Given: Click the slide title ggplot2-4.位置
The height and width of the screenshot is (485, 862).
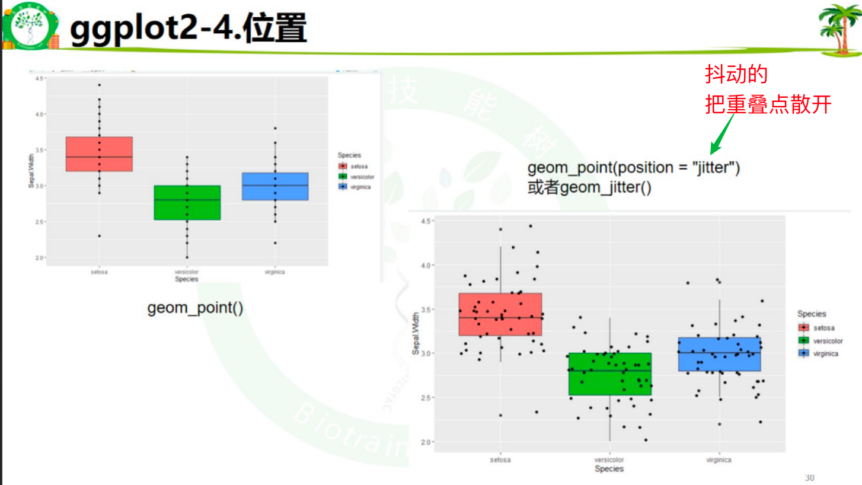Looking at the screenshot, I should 188,29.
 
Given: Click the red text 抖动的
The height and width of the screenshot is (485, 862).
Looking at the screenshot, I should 736,75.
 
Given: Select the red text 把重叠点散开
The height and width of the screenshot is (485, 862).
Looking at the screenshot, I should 768,105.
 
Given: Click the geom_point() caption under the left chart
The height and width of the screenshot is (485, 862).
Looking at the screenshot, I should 195,308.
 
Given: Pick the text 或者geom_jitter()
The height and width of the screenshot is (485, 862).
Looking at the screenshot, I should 589,189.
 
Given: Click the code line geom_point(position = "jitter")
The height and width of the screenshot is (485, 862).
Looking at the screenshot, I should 634,168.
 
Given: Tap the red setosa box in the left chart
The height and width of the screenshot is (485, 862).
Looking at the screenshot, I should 99,154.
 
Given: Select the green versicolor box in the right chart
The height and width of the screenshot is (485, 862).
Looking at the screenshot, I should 609,374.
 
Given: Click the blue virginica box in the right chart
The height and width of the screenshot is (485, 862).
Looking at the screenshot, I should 719,355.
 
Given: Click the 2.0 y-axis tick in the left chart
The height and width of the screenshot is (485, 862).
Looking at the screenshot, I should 39,258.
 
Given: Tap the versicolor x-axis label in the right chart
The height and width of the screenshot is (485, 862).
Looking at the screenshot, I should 609,460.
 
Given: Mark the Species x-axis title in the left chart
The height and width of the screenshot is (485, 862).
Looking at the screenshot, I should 187,279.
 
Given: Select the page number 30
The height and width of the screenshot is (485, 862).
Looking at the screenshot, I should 809,477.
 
